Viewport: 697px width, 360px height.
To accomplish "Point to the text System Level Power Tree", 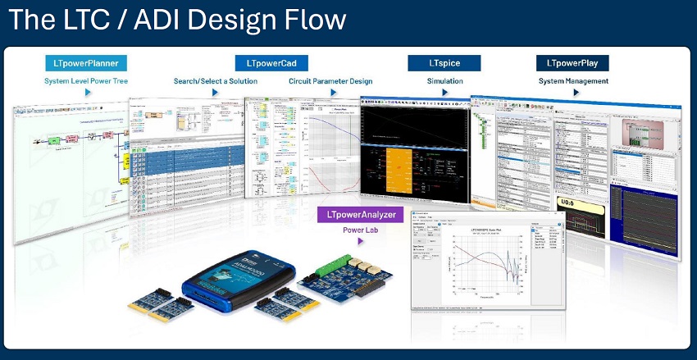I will [x=86, y=81].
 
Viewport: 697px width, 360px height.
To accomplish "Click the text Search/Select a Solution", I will [x=216, y=81].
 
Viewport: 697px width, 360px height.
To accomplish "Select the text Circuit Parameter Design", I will [x=330, y=81].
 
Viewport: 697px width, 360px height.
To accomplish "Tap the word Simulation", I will [x=445, y=81].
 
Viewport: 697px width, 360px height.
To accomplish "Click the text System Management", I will [x=573, y=81].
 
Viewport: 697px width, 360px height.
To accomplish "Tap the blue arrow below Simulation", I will [x=445, y=93].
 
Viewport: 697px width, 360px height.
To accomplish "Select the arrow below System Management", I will [x=573, y=93].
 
